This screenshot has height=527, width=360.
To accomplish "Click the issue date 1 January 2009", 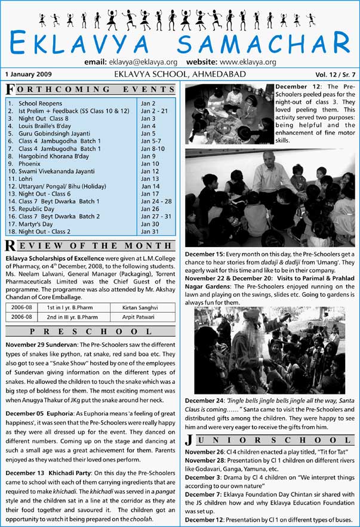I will coord(29,75).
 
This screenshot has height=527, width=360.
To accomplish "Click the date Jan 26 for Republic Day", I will coord(149,209).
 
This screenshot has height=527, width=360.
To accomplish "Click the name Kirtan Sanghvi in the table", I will coord(131,307).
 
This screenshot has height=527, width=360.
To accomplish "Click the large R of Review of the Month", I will coord(10,245).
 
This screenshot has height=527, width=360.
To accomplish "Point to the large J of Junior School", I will coord(189,442).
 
